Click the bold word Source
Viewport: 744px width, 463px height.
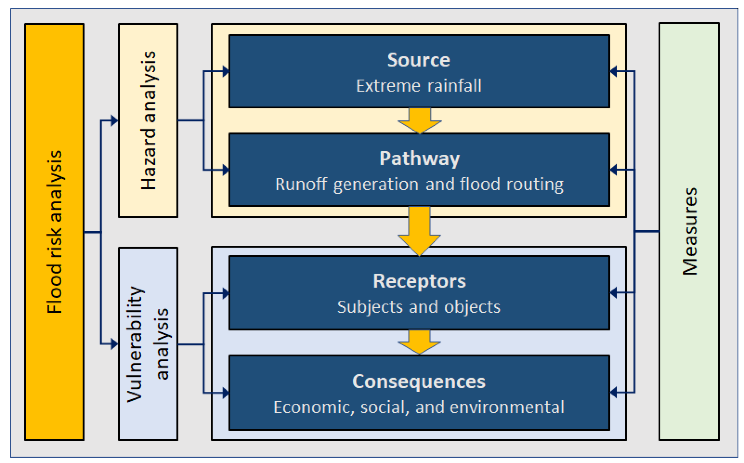419,60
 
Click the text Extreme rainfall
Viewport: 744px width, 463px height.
419,86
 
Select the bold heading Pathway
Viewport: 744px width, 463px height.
419,159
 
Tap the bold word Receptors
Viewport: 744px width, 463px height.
419,281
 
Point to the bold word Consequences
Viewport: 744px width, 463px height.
419,382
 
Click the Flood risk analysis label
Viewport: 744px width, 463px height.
55,232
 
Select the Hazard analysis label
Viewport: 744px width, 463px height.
148,120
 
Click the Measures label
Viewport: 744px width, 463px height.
689,231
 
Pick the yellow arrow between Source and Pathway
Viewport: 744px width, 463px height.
420,121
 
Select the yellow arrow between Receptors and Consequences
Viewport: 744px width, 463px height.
419,342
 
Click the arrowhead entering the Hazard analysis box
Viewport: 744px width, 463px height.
114,121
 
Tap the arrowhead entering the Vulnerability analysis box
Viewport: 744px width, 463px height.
114,344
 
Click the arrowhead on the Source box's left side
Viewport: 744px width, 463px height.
226,71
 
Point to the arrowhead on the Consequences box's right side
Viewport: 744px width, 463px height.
613,392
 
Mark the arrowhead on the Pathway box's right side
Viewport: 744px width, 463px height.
613,170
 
